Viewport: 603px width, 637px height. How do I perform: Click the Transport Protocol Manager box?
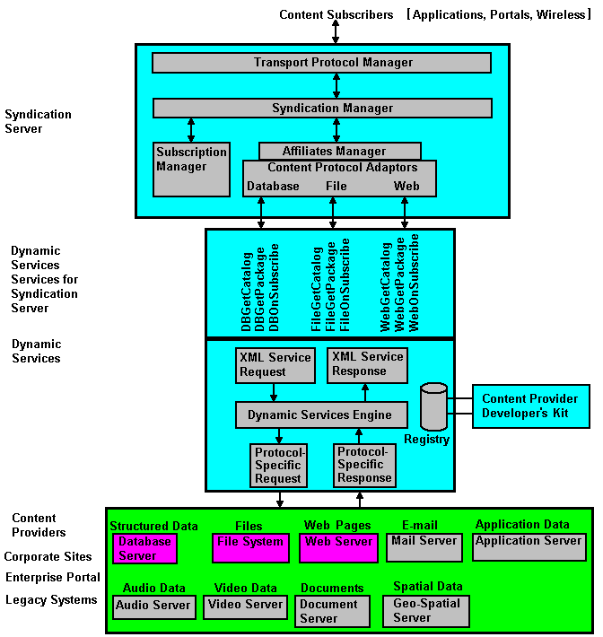(x=321, y=63)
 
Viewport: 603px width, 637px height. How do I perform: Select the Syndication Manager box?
(x=322, y=108)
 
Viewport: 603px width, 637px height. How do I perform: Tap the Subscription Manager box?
(x=191, y=169)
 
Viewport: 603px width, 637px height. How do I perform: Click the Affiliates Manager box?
(x=339, y=151)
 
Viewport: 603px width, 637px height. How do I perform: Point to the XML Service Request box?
(x=275, y=364)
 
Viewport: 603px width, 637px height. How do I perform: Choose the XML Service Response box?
(x=365, y=363)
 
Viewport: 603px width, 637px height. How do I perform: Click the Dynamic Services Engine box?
(x=320, y=414)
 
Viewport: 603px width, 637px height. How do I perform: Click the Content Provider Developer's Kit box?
(x=530, y=406)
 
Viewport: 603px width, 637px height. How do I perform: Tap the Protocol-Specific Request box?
(x=278, y=465)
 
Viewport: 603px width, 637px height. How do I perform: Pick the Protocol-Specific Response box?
(x=363, y=465)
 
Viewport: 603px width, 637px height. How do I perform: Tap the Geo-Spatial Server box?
(x=427, y=610)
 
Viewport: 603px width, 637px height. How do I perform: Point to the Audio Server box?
(x=153, y=606)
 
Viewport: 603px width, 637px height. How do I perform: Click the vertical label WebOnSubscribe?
(x=415, y=283)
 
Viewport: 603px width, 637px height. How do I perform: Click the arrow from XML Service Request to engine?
(x=274, y=390)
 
